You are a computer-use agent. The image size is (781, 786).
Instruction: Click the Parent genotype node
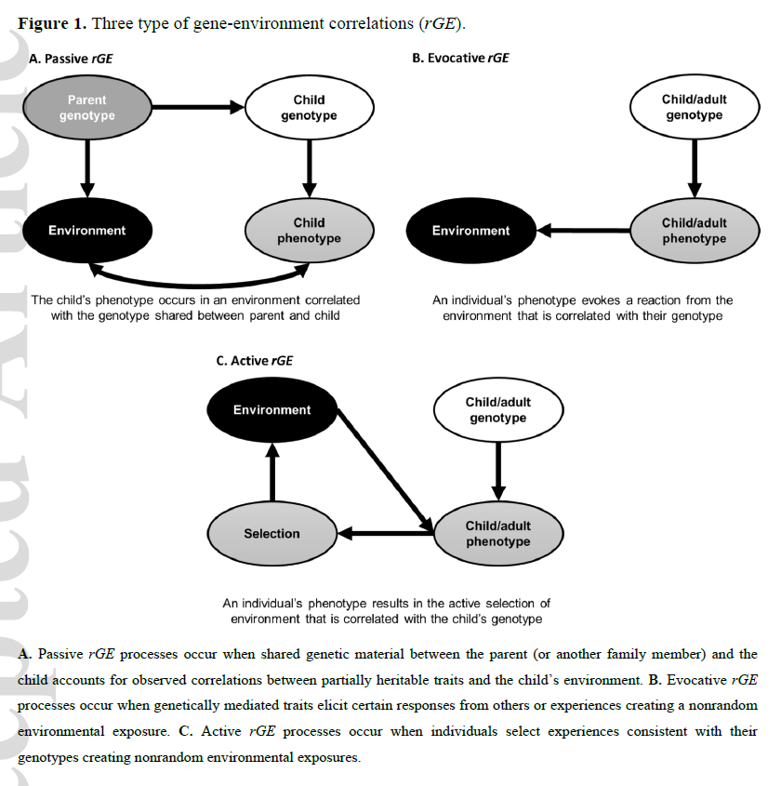coord(86,108)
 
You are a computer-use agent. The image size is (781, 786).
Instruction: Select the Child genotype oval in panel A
coord(309,108)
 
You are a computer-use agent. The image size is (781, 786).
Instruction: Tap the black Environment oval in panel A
coord(86,231)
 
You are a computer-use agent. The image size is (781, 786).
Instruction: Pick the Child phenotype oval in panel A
coord(309,231)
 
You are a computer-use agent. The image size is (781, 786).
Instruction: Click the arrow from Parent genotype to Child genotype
coord(197,108)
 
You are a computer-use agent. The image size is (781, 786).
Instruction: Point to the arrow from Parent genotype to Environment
coord(86,167)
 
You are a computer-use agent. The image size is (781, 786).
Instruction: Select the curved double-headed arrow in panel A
coord(198,277)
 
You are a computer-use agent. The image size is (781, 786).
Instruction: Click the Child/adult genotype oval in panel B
coord(694,108)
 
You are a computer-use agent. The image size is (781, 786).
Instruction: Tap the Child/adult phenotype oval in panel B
coord(694,231)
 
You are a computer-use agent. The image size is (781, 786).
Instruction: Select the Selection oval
coord(271,534)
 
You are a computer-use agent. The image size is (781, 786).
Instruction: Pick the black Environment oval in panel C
coord(271,410)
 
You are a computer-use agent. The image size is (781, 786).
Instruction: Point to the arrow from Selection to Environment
coord(271,473)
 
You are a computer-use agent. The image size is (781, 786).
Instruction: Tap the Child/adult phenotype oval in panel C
coord(497,534)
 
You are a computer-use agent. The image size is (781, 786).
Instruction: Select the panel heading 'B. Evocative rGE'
coord(459,59)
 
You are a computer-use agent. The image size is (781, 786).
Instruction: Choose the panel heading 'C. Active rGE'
coord(254,361)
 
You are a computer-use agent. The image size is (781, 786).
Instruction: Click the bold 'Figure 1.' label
coord(54,22)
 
